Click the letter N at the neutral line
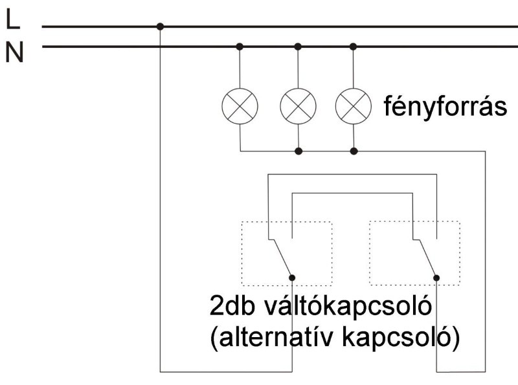[x=14, y=52]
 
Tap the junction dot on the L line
[x=160, y=27]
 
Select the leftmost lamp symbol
[x=240, y=104]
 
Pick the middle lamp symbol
[x=298, y=104]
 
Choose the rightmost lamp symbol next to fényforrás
[x=354, y=104]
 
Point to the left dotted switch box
[x=286, y=253]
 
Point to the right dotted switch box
[x=414, y=253]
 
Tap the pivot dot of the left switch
[x=292, y=278]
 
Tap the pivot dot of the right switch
[x=436, y=278]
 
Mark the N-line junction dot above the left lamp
[x=240, y=47]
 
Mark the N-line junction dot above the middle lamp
[x=298, y=47]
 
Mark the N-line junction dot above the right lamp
[x=354, y=47]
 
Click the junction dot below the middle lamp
[x=298, y=151]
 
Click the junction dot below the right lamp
[x=354, y=151]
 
